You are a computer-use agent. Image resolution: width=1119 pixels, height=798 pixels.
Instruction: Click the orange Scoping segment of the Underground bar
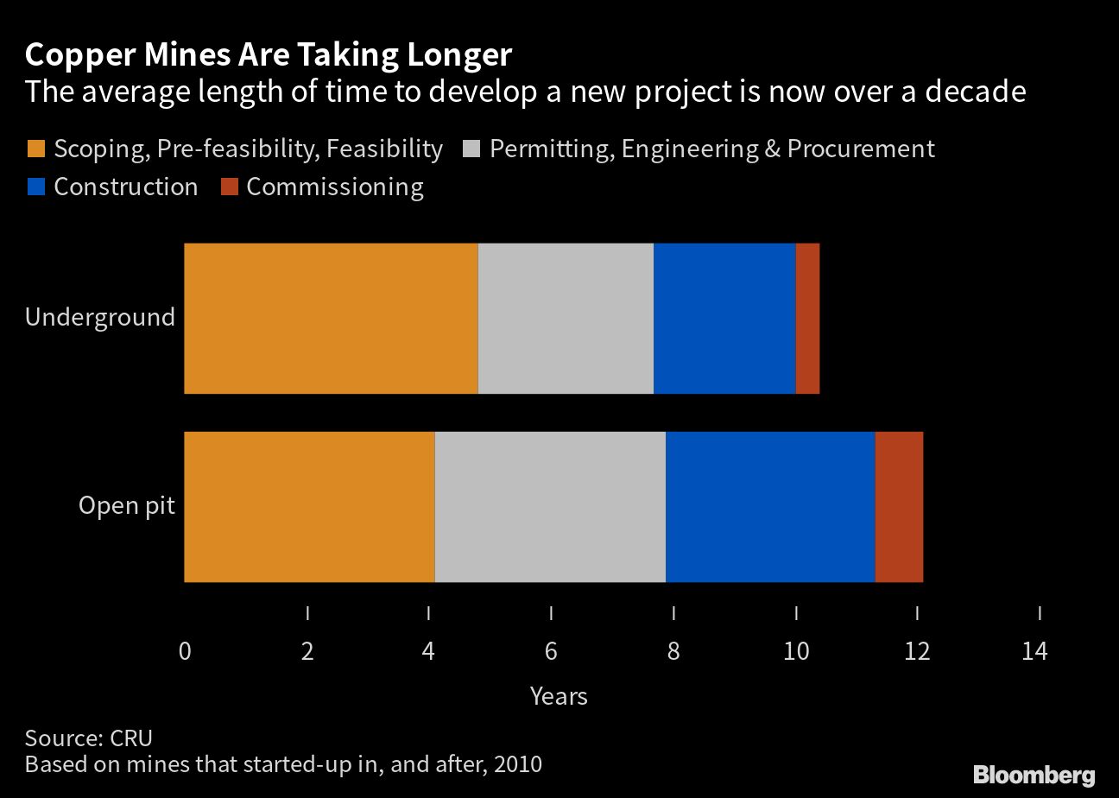click(x=331, y=318)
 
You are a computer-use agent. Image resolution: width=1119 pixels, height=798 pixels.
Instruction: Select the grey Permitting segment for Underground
click(x=566, y=318)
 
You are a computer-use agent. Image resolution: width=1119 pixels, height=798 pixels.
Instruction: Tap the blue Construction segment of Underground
click(x=724, y=318)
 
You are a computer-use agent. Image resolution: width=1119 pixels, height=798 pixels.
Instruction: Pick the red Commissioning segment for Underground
click(x=807, y=318)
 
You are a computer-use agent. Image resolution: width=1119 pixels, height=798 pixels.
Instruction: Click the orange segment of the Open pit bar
click(x=309, y=506)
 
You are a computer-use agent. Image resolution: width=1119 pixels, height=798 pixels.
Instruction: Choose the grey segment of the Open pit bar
click(x=550, y=506)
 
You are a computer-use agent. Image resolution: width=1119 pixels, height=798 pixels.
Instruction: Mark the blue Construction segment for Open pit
click(x=770, y=506)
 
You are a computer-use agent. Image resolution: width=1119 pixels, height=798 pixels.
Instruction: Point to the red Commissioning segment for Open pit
click(x=899, y=506)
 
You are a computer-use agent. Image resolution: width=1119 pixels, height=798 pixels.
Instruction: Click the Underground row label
click(x=100, y=317)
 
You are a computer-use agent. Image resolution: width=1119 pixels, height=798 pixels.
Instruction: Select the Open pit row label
click(x=127, y=504)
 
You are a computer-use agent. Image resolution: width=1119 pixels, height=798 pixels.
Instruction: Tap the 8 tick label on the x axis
click(x=673, y=651)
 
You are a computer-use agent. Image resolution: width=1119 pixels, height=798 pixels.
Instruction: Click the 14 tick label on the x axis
click(x=1034, y=651)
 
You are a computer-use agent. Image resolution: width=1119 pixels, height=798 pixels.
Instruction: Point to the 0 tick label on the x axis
click(x=185, y=651)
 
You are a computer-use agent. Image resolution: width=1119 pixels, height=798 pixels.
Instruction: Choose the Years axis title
click(x=559, y=696)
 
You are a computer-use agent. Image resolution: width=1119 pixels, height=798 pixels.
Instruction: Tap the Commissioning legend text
click(x=335, y=187)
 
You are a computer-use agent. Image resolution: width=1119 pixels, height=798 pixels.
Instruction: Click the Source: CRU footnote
click(x=89, y=738)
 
